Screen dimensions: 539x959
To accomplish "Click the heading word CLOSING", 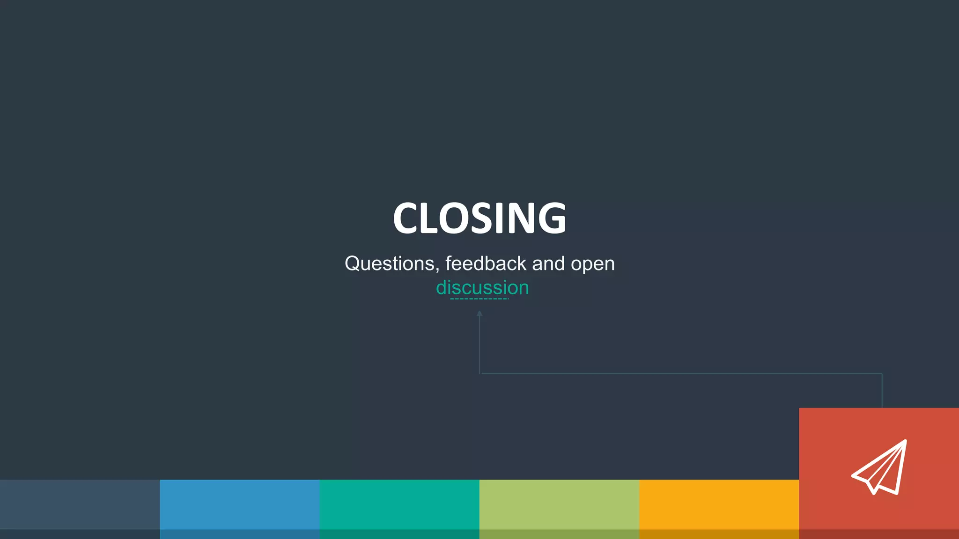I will coord(479,218).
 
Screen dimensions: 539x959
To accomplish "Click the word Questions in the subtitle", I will coord(390,263).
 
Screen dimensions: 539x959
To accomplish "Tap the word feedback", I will coord(486,263).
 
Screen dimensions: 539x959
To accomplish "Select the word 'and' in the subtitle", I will coord(548,263).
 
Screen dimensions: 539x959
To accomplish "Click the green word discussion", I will coord(482,287).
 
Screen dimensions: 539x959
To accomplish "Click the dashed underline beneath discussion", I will coord(479,299).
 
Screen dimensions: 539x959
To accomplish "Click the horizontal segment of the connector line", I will coord(679,373).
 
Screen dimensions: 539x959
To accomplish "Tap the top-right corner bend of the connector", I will coord(882,373).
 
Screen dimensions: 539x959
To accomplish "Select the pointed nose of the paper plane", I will coord(905,441).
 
